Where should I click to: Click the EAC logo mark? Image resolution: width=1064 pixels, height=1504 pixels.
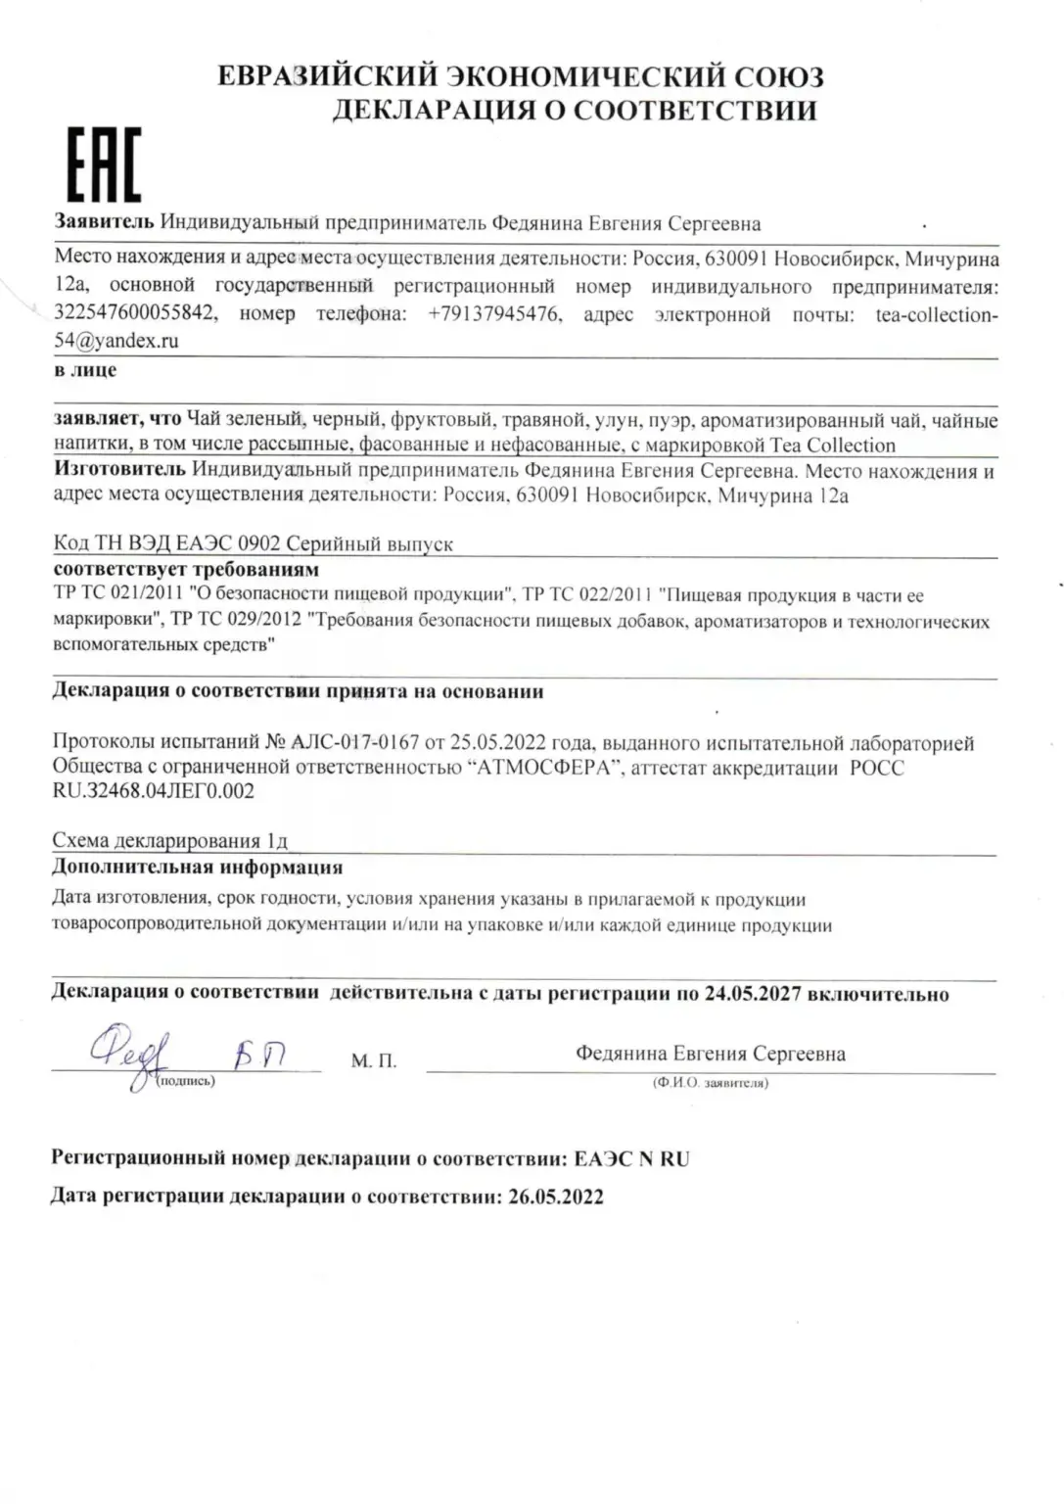coord(103,164)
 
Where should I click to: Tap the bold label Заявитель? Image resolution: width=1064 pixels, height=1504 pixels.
coord(104,222)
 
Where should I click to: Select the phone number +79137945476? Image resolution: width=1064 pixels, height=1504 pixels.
coord(495,314)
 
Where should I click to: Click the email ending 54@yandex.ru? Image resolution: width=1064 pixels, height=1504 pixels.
coord(116,341)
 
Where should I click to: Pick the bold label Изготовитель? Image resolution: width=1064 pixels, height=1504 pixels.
coord(119,471)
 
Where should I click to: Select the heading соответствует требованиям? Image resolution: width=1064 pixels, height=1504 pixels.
coord(186,570)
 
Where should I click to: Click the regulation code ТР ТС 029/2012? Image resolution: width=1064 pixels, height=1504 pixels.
coord(235,621)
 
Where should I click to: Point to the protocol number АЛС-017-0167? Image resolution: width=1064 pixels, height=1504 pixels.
coord(354,743)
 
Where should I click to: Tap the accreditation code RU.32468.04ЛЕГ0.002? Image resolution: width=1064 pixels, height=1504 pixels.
coord(153,791)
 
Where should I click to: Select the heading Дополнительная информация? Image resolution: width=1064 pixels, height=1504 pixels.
coord(197,867)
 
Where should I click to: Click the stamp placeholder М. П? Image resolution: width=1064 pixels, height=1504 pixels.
coord(374,1061)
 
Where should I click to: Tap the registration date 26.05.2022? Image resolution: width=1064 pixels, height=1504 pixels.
coord(555,1197)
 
